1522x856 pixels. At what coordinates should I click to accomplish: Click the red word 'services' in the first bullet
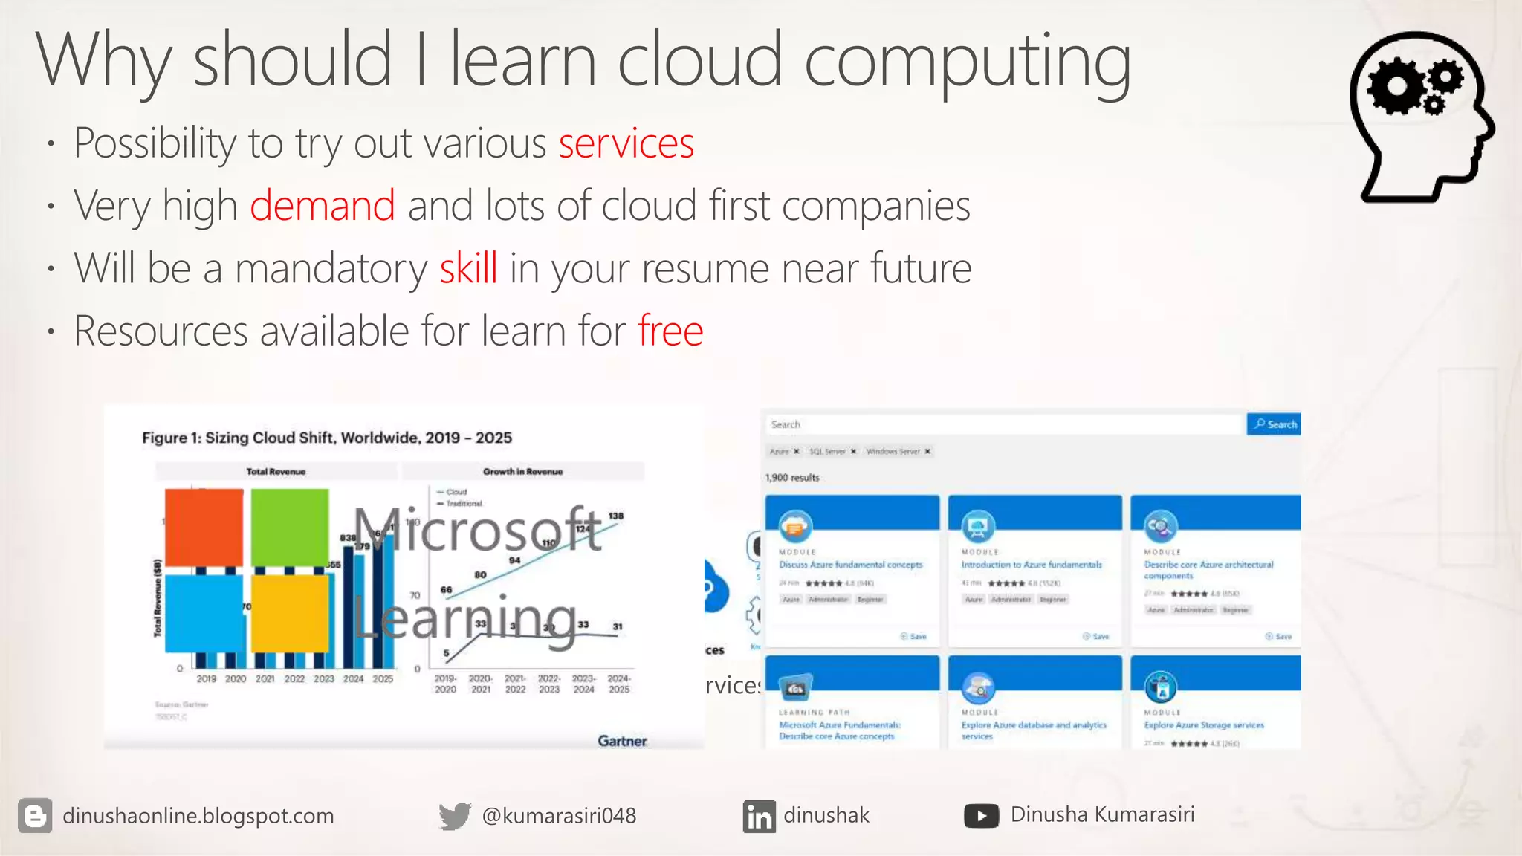(x=626, y=143)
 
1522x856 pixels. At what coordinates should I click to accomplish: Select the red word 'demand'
(x=322, y=206)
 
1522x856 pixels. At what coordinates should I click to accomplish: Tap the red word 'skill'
(x=468, y=268)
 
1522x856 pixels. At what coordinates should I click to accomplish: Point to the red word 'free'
(x=670, y=331)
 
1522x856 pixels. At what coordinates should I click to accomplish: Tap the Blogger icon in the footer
(x=35, y=816)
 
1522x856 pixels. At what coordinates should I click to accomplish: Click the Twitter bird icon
(x=455, y=816)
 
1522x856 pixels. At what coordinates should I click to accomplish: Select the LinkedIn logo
(x=759, y=817)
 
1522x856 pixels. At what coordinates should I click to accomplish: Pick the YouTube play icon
(x=981, y=816)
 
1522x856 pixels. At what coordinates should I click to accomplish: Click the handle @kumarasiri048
(x=559, y=816)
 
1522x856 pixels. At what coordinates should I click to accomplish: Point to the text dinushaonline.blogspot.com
(x=198, y=816)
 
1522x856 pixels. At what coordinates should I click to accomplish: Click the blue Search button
(x=1274, y=424)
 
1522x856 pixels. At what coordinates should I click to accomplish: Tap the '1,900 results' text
(x=792, y=478)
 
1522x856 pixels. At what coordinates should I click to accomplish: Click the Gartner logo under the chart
(x=622, y=741)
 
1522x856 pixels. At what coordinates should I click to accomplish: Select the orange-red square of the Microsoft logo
(x=204, y=528)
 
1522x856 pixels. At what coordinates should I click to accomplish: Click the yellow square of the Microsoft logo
(x=290, y=614)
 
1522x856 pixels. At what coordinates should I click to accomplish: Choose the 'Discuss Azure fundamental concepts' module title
(x=850, y=565)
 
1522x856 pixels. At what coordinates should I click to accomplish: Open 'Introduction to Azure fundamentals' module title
(x=1032, y=565)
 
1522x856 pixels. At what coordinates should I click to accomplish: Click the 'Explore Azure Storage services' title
(x=1204, y=725)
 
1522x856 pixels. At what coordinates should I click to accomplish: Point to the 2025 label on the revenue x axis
(x=383, y=679)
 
